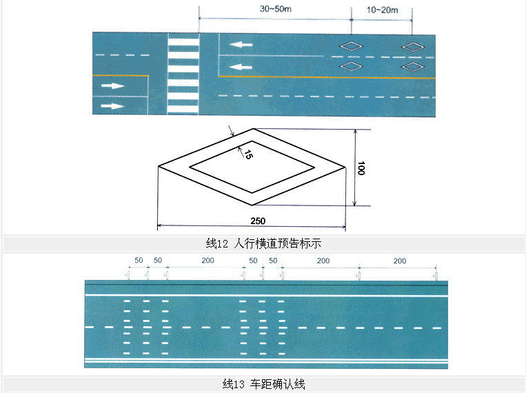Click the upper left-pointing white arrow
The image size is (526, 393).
click(x=241, y=45)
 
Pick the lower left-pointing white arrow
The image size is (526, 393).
click(x=241, y=67)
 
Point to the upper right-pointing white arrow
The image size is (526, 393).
click(x=112, y=86)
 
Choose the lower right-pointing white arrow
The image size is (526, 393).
click(x=112, y=105)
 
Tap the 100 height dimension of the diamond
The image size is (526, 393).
click(x=361, y=168)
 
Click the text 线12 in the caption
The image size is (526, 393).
click(x=217, y=243)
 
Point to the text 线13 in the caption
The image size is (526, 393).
click(x=234, y=384)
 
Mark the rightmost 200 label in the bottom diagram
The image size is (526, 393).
click(x=399, y=261)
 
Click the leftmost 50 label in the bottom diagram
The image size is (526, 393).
click(x=138, y=261)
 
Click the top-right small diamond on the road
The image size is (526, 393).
click(x=414, y=46)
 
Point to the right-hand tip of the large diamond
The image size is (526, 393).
click(x=344, y=166)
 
